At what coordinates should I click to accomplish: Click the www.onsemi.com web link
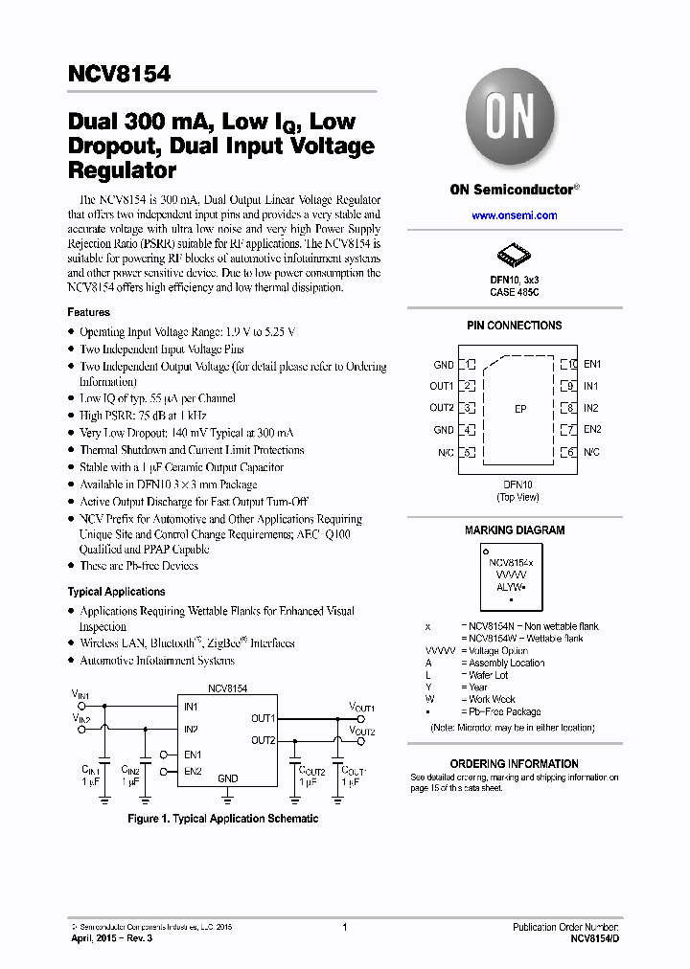pos(514,216)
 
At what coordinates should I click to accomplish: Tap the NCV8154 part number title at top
pos(119,73)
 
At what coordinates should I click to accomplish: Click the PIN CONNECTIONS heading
pos(514,326)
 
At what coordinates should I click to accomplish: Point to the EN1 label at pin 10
pos(592,365)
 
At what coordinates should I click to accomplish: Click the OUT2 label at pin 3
pos(442,408)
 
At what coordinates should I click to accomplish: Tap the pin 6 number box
pos(568,452)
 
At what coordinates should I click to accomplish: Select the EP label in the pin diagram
pos(520,409)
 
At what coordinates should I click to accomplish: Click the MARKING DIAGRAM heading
pos(515,530)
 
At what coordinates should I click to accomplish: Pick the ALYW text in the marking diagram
pos(508,584)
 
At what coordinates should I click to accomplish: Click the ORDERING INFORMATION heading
pos(515,764)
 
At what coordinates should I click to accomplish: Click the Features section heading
pos(88,312)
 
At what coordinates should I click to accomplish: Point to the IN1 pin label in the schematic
pos(191,708)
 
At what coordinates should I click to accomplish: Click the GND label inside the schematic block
pos(227,778)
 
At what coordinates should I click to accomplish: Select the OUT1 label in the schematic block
pos(264,718)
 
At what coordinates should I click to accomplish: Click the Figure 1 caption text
pos(223,819)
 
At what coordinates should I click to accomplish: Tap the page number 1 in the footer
pos(344,927)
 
